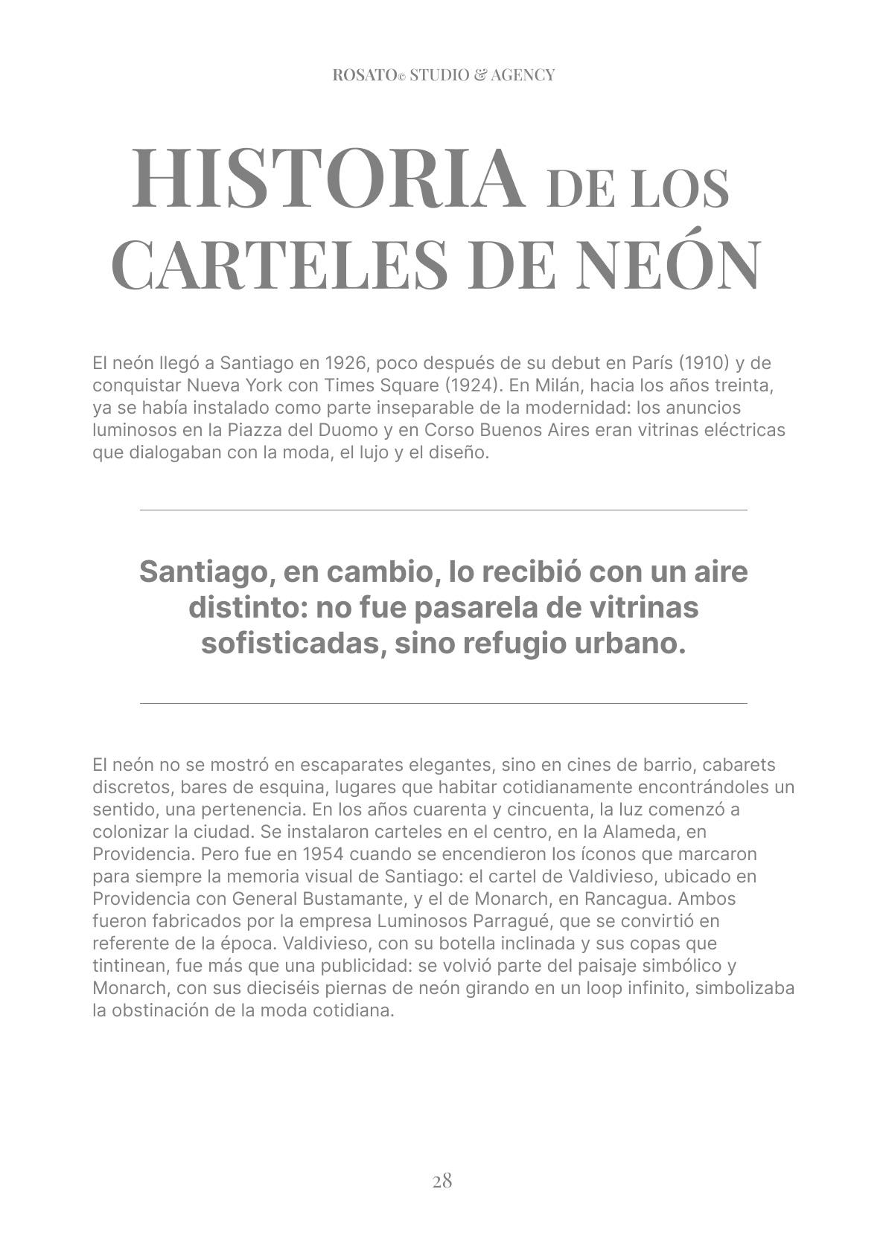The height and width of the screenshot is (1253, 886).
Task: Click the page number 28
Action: (x=442, y=1181)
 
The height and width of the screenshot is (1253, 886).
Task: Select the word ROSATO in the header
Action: (x=365, y=75)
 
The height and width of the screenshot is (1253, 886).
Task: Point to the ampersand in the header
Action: (x=480, y=75)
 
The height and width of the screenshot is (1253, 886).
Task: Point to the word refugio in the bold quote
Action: (x=513, y=643)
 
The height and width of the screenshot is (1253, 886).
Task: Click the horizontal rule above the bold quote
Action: (x=443, y=510)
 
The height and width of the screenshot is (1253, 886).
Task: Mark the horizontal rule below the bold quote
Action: (x=443, y=703)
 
